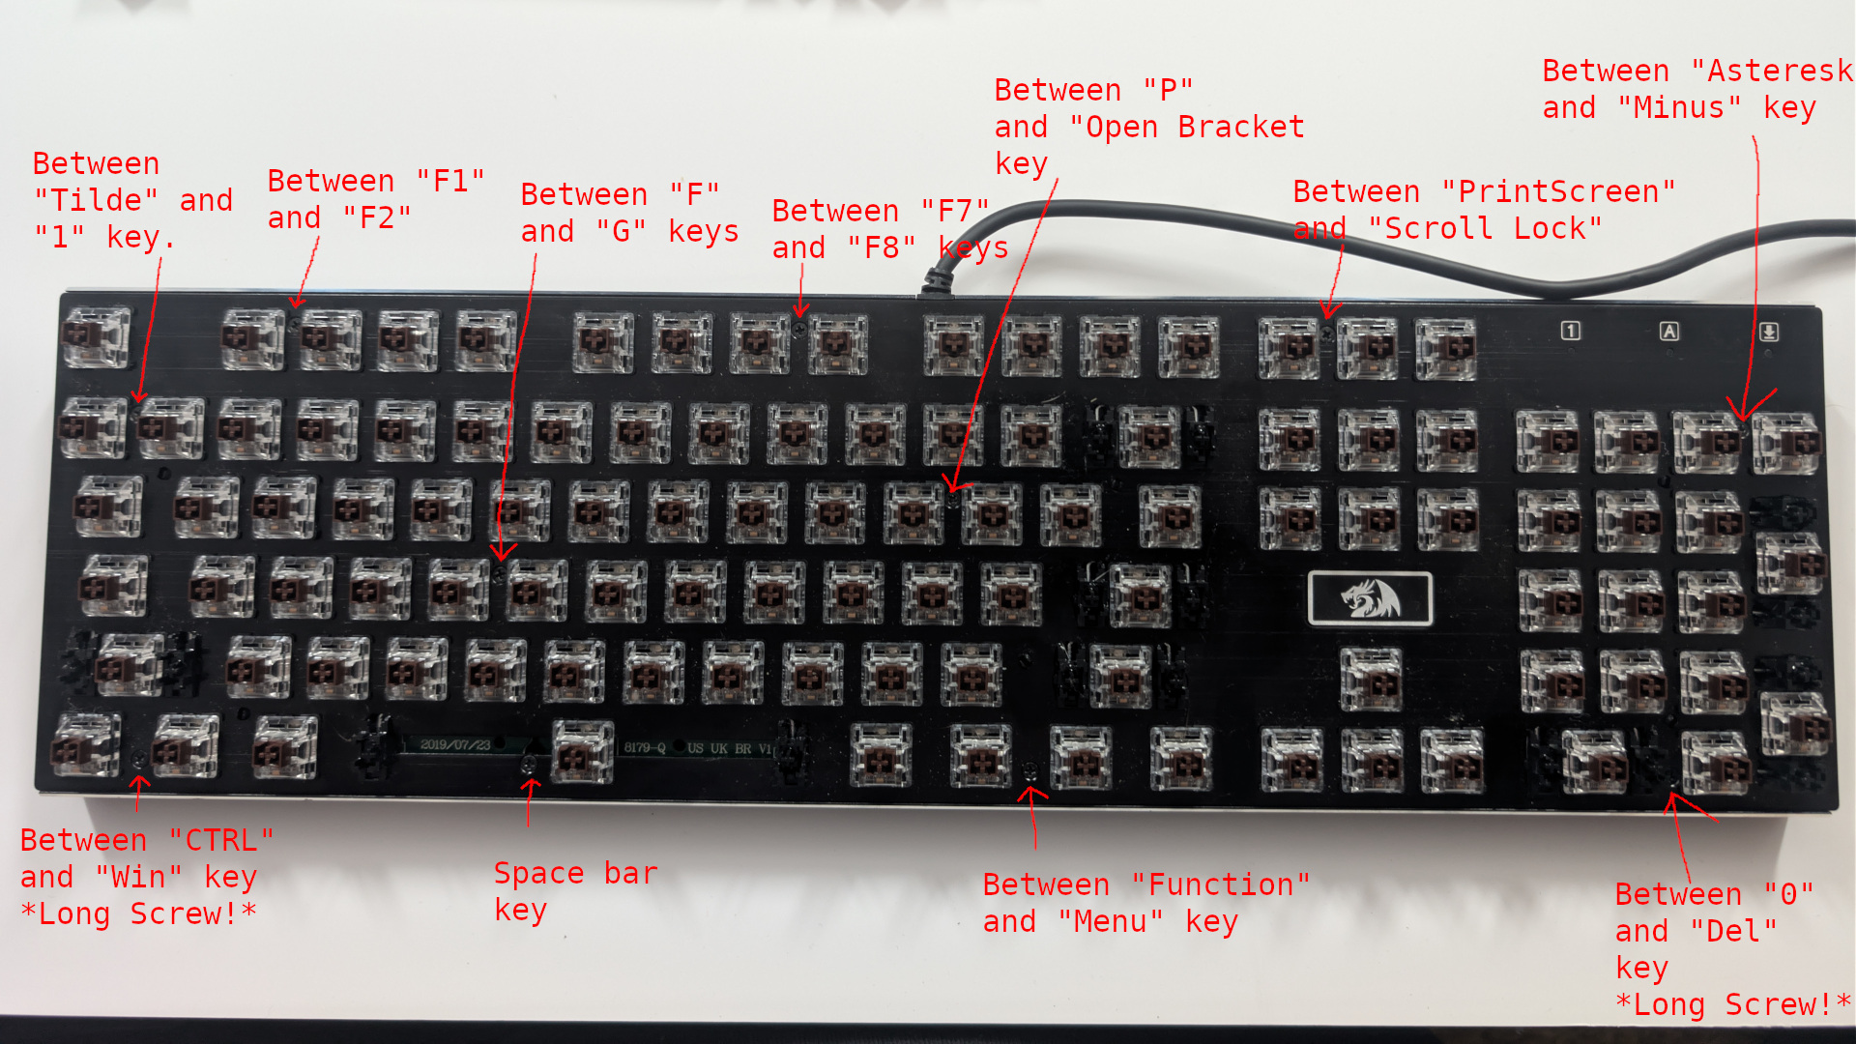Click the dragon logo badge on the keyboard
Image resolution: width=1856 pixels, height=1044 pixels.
tap(1370, 598)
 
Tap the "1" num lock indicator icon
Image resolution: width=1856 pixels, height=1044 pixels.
tap(1571, 331)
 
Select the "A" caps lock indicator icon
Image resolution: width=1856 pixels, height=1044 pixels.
tap(1669, 332)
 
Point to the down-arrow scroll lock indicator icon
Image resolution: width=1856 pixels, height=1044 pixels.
tap(1769, 332)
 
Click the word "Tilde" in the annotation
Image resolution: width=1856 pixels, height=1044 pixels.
tap(96, 200)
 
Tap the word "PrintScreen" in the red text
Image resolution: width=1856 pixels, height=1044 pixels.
tap(1567, 191)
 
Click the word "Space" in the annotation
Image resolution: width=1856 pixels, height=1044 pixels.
tap(538, 873)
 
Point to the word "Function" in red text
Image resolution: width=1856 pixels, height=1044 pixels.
tap(1221, 884)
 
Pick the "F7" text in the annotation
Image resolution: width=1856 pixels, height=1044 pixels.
tap(955, 211)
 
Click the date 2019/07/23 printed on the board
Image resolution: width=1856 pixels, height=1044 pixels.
tap(455, 745)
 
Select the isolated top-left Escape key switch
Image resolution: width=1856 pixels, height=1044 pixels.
tap(95, 336)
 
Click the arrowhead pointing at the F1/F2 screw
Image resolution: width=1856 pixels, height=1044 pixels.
tap(298, 302)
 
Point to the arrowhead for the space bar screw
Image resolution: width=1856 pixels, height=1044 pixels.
tap(530, 784)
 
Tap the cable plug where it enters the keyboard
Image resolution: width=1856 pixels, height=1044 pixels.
tap(936, 282)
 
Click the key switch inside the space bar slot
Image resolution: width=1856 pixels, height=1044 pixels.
tap(582, 752)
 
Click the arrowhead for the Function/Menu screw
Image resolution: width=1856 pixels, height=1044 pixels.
tap(1031, 796)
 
